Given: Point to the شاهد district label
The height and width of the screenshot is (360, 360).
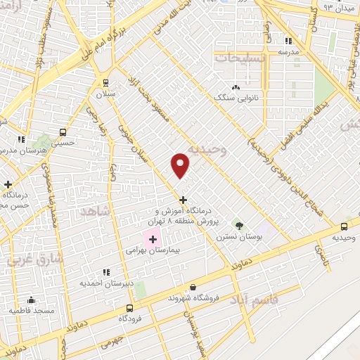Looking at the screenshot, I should [95, 211].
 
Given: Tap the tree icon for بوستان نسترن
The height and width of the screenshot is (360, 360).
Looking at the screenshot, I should [240, 226].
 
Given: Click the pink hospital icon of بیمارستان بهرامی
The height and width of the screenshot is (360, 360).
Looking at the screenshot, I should [153, 240].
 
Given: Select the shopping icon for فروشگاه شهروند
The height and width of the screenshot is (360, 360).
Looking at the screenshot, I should [193, 287].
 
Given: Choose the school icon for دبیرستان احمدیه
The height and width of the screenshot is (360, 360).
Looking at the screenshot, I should [106, 272].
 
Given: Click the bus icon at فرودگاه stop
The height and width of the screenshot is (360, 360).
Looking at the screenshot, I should [129, 308].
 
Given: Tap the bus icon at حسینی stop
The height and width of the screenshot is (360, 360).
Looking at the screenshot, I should [63, 132].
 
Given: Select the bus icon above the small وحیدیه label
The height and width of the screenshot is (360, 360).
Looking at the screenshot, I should [344, 226].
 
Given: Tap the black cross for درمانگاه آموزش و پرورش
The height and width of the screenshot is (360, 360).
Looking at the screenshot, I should [184, 200].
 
